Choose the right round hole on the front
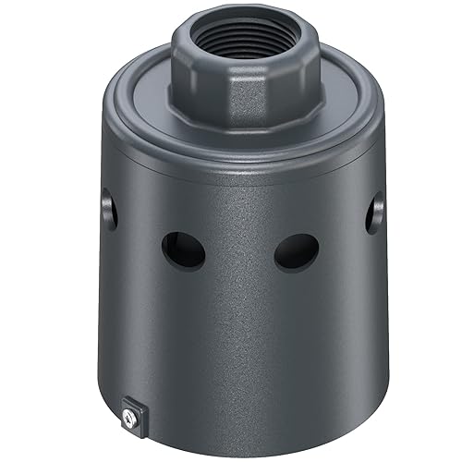pyautogui.click(x=297, y=249)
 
